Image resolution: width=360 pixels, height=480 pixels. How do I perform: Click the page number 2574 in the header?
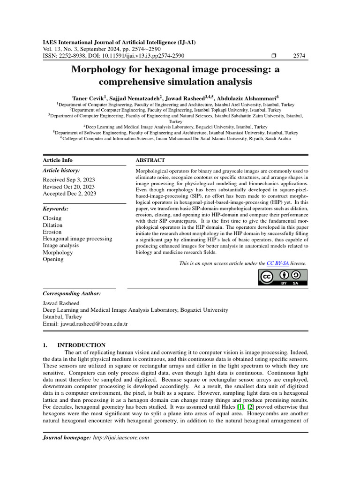pyautogui.click(x=299, y=56)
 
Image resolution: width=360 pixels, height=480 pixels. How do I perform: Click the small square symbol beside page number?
pyautogui.click(x=274, y=56)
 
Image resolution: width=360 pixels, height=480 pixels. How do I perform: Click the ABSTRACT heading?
pyautogui.click(x=150, y=160)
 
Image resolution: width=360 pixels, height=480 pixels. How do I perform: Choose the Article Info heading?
pyautogui.click(x=58, y=160)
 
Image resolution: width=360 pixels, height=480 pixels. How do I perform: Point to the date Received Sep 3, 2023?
pyautogui.click(x=69, y=180)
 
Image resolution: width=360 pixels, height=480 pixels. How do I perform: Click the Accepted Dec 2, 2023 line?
pyautogui.click(x=69, y=193)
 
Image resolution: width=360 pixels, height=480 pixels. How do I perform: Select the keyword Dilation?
pyautogui.click(x=52, y=225)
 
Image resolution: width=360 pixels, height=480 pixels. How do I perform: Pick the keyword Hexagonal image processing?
pyautogui.click(x=77, y=239)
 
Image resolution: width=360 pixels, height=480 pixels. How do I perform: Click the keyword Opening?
pyautogui.click(x=53, y=259)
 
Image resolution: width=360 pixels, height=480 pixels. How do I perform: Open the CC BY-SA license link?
pyautogui.click(x=277, y=263)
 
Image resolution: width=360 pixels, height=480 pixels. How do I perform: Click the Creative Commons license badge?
pyautogui.click(x=283, y=277)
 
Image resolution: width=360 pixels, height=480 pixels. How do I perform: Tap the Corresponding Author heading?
pyautogui.click(x=71, y=293)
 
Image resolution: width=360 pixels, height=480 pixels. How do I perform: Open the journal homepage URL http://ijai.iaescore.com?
pyautogui.click(x=120, y=438)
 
